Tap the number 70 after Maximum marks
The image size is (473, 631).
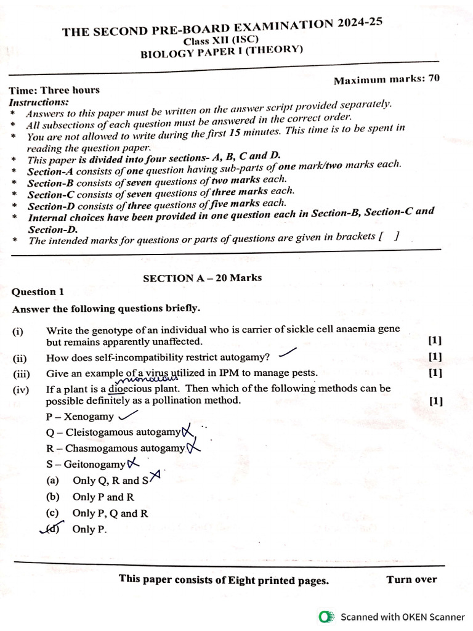point(434,78)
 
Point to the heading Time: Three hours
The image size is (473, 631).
point(54,90)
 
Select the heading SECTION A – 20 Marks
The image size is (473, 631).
point(202,278)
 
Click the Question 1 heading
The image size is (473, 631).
point(38,292)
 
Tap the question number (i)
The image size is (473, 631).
point(18,331)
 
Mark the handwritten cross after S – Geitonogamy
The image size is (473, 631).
point(133,463)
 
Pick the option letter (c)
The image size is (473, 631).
point(53,513)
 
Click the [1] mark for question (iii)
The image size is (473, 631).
point(434,373)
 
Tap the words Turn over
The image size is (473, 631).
point(411,579)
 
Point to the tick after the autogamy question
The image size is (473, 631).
point(287,353)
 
